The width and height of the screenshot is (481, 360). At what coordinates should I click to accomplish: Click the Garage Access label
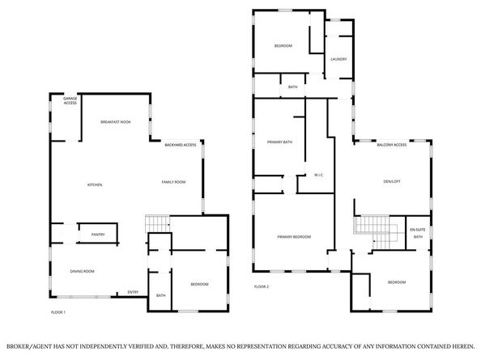[70, 102]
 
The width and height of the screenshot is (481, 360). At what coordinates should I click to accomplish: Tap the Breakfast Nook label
[115, 121]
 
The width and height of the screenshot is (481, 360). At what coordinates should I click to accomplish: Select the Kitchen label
[95, 185]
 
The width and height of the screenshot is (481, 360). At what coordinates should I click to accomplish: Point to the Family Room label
[173, 183]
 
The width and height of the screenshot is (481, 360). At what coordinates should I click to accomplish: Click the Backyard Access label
[181, 145]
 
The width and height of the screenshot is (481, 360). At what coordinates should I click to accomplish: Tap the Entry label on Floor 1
[133, 292]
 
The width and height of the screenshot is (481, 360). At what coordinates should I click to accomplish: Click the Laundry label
[339, 59]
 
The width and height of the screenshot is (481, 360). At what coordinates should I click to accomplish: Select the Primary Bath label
[279, 142]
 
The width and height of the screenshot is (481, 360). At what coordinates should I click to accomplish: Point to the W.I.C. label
[319, 175]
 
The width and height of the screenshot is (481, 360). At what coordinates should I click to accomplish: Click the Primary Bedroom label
[294, 236]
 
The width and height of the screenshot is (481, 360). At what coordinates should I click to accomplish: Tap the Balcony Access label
[392, 145]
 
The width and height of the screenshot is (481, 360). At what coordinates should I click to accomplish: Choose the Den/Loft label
[392, 181]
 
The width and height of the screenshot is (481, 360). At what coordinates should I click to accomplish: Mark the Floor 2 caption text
[261, 286]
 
